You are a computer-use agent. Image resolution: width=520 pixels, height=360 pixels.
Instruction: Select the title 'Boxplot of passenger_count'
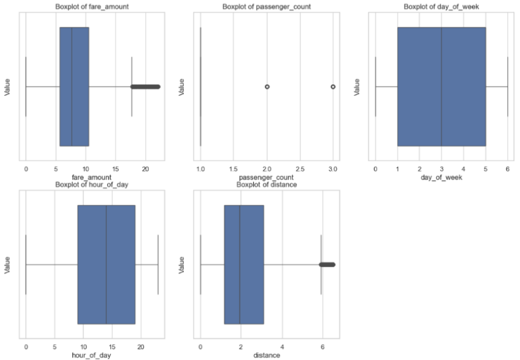coord(266,7)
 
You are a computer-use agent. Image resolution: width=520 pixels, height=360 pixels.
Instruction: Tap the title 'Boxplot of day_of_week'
coord(441,7)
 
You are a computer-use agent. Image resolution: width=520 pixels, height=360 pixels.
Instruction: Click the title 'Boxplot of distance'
coord(266,185)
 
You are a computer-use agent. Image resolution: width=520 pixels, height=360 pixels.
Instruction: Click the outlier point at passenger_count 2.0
coord(267,86)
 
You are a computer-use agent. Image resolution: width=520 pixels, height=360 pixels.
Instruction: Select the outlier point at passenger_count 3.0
coord(333,86)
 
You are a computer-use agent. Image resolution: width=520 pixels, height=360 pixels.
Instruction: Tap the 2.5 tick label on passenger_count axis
coord(300,170)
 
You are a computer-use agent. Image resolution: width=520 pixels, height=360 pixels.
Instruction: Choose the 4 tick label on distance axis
coord(282,348)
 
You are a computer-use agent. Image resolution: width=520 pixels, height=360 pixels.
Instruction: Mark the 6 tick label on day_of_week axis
coord(507,170)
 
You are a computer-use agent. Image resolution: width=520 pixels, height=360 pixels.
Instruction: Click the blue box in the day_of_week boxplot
coord(441,86)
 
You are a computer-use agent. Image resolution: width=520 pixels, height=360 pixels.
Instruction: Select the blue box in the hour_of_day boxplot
coord(106,264)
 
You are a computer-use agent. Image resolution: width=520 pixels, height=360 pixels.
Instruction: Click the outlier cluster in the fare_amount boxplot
coord(146,86)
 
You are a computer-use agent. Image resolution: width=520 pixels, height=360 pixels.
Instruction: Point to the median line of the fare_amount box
coord(72,86)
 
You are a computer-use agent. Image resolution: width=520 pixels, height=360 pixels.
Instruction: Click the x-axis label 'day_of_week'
coord(441,178)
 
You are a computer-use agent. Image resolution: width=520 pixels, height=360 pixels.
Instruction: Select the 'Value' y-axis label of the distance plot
coord(183,264)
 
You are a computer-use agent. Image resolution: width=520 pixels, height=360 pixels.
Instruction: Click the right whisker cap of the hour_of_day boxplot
coord(158,264)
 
